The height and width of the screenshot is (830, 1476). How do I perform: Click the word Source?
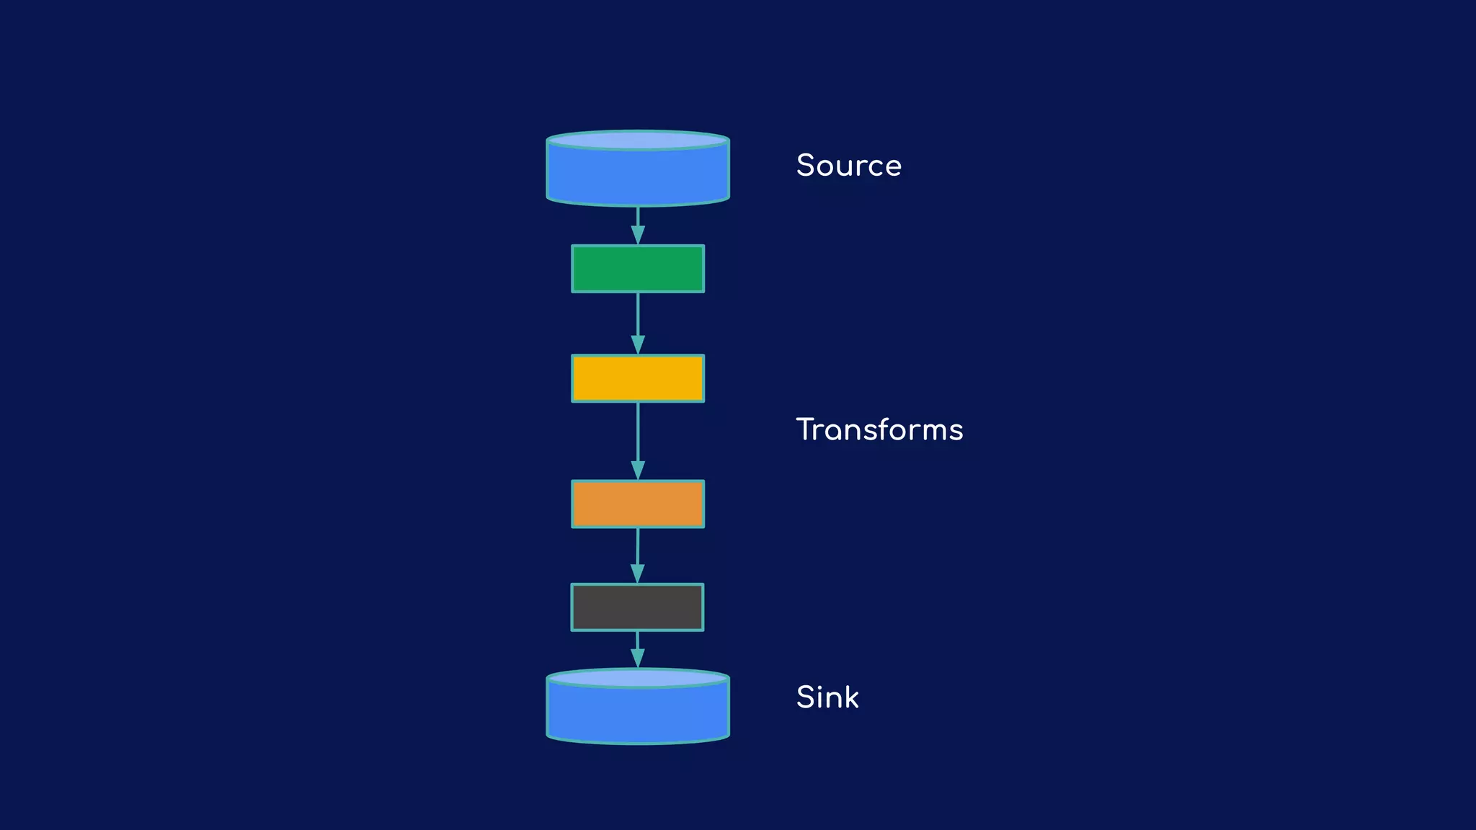(x=848, y=166)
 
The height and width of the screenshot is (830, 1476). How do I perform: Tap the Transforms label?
(x=879, y=430)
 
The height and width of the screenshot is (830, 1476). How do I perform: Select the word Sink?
(x=827, y=697)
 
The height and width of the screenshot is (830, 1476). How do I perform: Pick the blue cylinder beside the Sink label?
(x=638, y=713)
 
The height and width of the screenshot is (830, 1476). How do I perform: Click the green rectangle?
(x=638, y=269)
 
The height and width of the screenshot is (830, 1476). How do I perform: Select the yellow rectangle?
(x=638, y=378)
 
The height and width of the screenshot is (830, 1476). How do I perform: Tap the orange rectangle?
(x=638, y=504)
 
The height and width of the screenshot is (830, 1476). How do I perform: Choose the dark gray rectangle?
(x=637, y=607)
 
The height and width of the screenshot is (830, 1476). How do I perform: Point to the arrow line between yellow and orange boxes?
(x=638, y=432)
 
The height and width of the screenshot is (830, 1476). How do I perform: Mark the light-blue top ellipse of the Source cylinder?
(x=638, y=140)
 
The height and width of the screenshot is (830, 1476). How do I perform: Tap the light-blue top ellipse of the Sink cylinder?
(x=638, y=678)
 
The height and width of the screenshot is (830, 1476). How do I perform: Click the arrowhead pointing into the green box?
(x=638, y=236)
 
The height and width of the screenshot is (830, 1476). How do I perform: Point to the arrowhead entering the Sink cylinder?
(x=638, y=659)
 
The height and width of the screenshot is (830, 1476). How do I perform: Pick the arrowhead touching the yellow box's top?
(x=638, y=344)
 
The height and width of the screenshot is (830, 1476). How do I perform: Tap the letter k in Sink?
(x=851, y=697)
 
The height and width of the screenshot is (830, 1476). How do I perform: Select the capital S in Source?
(x=806, y=166)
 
